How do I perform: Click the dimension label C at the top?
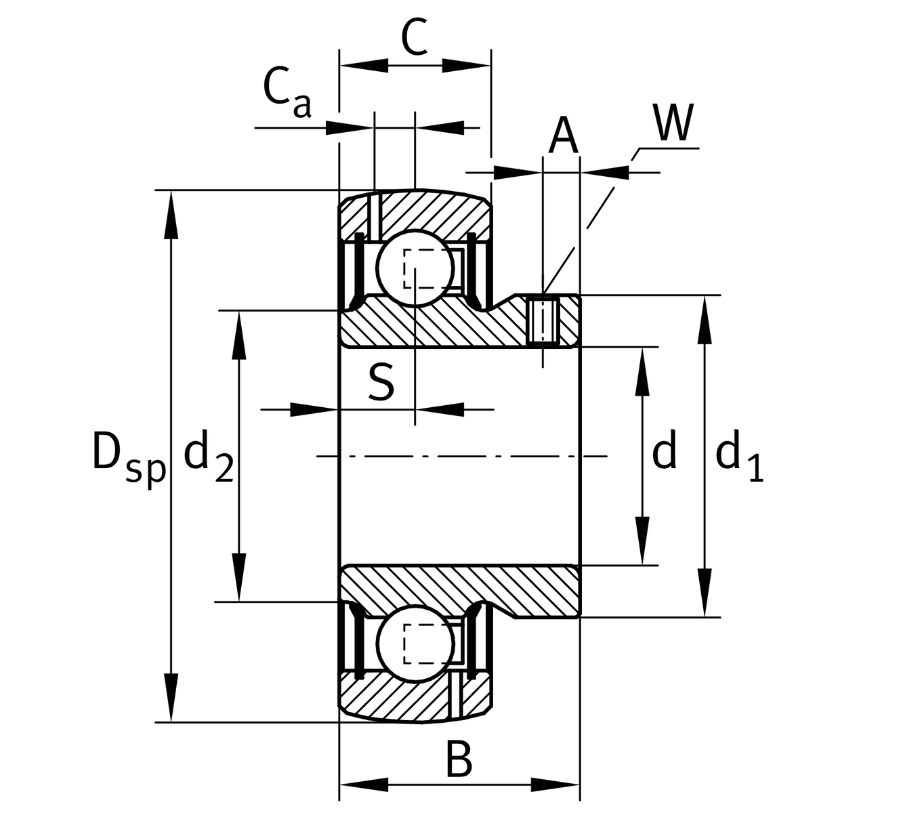tap(415, 39)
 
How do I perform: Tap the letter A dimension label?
tap(563, 135)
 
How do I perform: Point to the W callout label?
tap(673, 123)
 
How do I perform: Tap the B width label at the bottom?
tap(459, 759)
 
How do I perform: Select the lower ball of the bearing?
tap(415, 643)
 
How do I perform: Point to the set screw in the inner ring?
tap(542, 320)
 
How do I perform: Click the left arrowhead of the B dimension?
tap(363, 785)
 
